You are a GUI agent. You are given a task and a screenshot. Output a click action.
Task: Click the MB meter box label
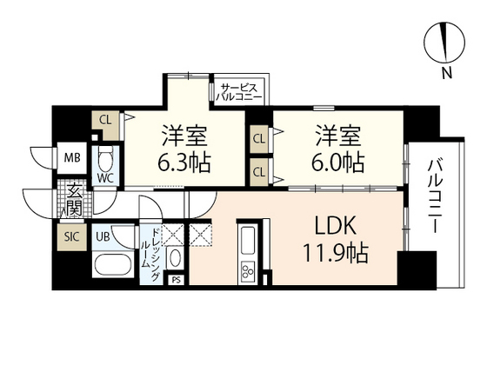pos(72,157)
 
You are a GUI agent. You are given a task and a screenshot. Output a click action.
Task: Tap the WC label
pos(106,178)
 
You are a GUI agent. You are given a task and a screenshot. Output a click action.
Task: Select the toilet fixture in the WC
pos(106,158)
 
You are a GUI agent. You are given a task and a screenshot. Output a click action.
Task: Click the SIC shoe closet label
pos(71,236)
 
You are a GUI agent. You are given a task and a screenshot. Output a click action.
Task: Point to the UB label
pos(103,236)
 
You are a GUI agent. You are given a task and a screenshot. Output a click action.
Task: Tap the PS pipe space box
pos(176,280)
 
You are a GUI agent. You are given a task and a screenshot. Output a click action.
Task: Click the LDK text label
pos(335,226)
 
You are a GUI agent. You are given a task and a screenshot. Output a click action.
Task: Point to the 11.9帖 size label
pos(336,253)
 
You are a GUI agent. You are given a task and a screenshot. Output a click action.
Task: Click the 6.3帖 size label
pos(183,163)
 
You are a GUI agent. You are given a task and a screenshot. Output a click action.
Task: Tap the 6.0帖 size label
pos(338,163)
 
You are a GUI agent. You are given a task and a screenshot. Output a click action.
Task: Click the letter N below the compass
pos(447,73)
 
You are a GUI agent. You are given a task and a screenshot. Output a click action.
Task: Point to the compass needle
pos(445,43)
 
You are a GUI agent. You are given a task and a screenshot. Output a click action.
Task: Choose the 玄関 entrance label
pos(75,200)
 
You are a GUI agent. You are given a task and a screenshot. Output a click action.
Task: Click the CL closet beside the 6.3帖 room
pos(105,120)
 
